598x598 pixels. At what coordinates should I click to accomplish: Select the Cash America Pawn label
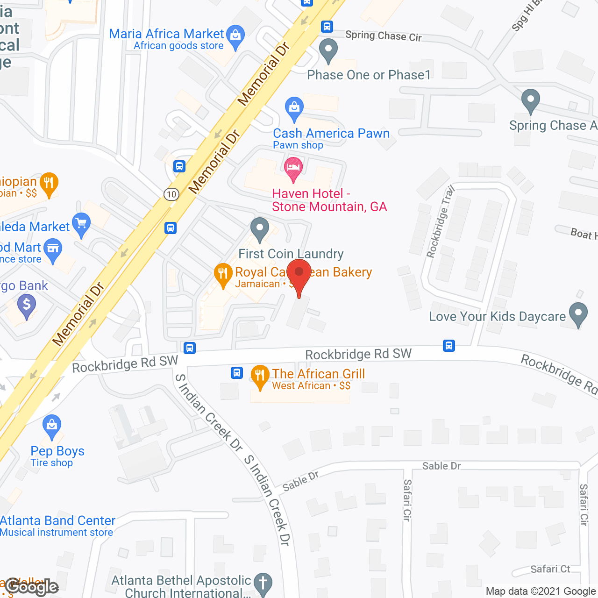point(331,134)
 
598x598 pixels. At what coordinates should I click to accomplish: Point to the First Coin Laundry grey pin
point(260,229)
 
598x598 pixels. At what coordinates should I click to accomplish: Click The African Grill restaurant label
point(318,374)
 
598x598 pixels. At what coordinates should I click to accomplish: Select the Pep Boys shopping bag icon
point(52,426)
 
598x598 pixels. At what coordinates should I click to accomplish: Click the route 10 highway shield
point(171,194)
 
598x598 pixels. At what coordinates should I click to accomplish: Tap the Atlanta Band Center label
point(57,520)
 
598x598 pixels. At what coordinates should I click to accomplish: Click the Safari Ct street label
point(550,569)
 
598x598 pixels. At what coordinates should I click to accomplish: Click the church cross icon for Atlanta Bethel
point(263,583)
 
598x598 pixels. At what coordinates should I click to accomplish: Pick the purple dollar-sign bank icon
point(27,306)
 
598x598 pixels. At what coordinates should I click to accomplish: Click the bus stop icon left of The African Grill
point(237,373)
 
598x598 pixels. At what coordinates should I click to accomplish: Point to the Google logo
point(32,587)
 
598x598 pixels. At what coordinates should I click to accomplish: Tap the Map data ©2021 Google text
point(541,591)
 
